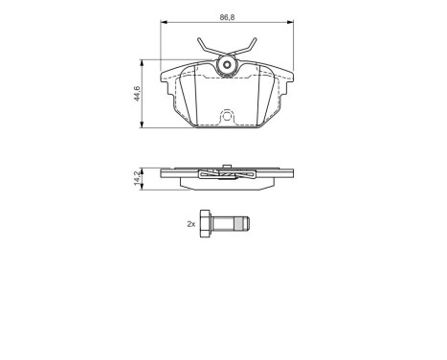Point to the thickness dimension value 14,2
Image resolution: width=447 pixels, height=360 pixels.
tap(136, 177)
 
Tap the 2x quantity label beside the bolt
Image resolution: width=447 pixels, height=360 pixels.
tap(191, 224)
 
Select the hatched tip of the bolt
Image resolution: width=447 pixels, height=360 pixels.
tap(244, 224)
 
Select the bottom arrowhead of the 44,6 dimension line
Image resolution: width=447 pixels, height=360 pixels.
tap(143, 126)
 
